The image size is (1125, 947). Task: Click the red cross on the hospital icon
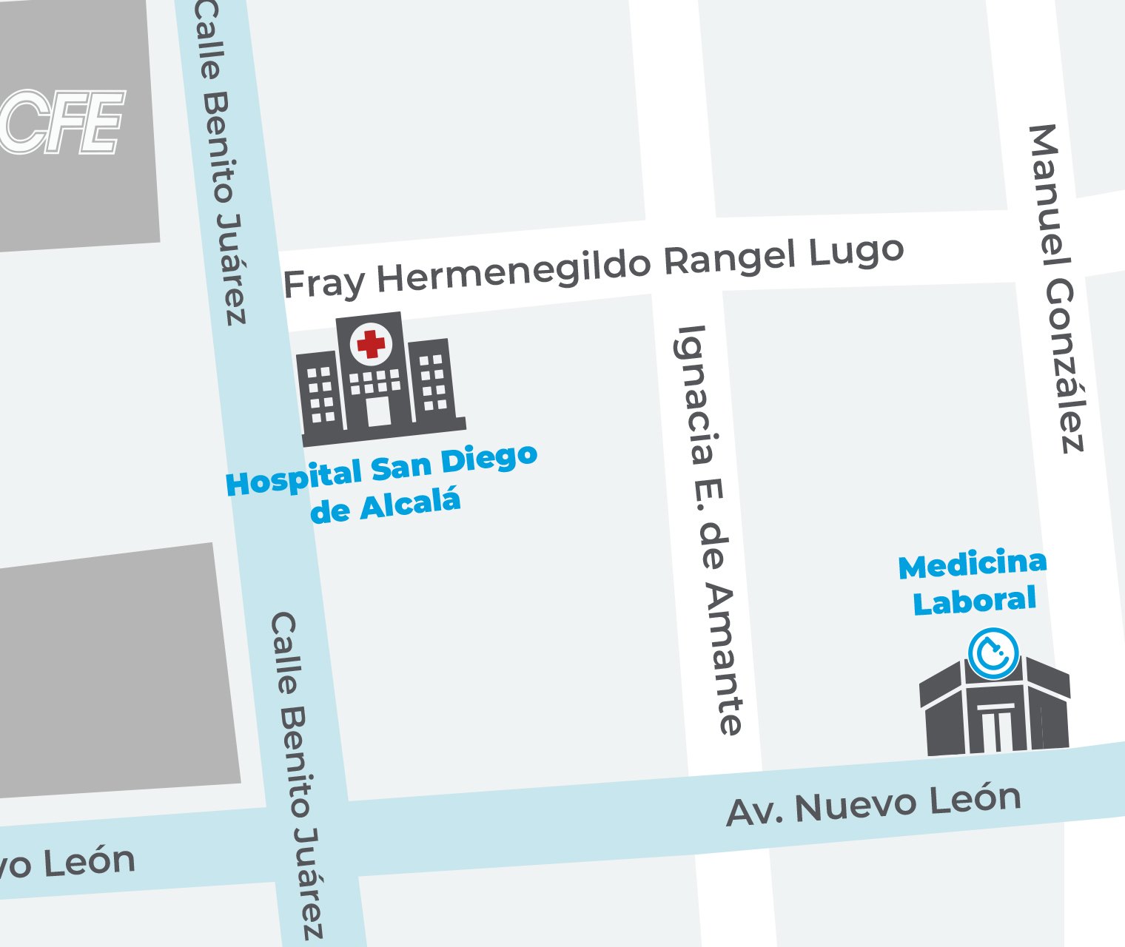371,344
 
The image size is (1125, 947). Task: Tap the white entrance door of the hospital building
378,411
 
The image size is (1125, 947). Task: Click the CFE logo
62,123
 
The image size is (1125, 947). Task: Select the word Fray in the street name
324,283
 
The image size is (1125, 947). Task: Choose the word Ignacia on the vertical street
694,394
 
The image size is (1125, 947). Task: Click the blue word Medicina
973,565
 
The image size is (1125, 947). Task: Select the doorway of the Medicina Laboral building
995,728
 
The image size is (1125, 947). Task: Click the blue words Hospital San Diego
381,471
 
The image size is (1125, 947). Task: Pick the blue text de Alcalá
385,506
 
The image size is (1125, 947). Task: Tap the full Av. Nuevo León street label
873,805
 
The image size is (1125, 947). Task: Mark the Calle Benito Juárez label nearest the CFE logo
221,163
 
